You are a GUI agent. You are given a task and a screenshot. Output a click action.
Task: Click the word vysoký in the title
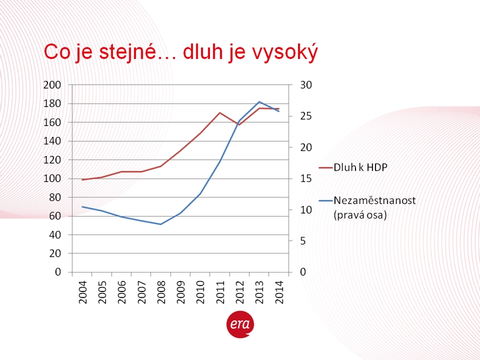(285, 52)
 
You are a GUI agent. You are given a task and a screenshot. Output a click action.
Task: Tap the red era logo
(241, 324)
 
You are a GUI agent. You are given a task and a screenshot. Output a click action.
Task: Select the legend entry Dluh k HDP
(353, 167)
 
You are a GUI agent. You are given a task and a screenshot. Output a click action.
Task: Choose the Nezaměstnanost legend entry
(367, 208)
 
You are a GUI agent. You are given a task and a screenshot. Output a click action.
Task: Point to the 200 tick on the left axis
(52, 85)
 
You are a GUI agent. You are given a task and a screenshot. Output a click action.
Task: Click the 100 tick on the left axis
(52, 179)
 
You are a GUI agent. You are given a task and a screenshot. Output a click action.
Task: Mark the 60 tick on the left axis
(55, 216)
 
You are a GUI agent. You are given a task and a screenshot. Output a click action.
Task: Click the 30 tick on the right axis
(306, 85)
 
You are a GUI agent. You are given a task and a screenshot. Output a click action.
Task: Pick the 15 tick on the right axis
(306, 179)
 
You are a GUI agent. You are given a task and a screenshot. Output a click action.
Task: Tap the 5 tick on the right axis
(303, 241)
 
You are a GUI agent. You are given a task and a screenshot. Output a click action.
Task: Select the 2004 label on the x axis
(83, 292)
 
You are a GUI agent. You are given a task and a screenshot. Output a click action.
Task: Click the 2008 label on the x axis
(161, 292)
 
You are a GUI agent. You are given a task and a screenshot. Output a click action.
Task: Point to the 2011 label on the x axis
(220, 292)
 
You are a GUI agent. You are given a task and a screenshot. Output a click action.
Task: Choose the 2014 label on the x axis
(280, 292)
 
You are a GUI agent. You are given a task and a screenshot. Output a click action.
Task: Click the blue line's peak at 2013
(260, 102)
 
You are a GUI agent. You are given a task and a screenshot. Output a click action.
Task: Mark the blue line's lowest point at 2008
(160, 224)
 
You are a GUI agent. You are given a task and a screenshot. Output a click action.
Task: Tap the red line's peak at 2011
(220, 113)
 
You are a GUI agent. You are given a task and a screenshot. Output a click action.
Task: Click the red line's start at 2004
(82, 180)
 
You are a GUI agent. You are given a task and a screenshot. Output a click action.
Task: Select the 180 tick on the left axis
(52, 104)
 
